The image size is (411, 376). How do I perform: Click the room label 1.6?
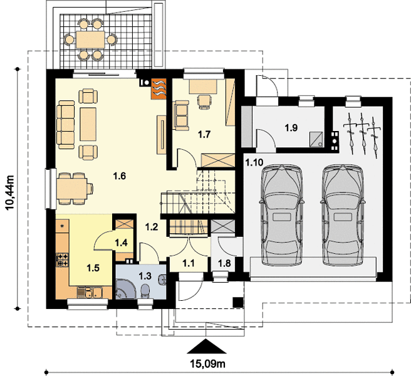pyautogui.click(x=120, y=176)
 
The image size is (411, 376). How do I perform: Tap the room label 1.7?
pyautogui.click(x=204, y=135)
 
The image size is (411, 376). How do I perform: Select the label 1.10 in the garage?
pyautogui.click(x=254, y=162)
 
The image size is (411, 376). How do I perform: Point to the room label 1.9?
pyautogui.click(x=291, y=128)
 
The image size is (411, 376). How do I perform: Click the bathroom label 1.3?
pyautogui.click(x=145, y=276)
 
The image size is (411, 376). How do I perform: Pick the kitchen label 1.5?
pyautogui.click(x=93, y=268)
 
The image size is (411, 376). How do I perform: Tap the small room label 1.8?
pyautogui.click(x=225, y=263)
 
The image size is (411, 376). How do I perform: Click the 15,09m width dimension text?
pyautogui.click(x=207, y=363)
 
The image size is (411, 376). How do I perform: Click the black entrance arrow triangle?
pyautogui.click(x=207, y=347)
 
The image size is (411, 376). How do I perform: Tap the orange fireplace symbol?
pyautogui.click(x=159, y=89)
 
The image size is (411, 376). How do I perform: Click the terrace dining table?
pyautogui.click(x=90, y=39)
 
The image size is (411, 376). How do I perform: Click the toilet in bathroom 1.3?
pyautogui.click(x=145, y=291)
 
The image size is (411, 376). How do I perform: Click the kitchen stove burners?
pyautogui.click(x=63, y=259)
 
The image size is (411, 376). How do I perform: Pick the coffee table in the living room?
pyautogui.click(x=88, y=124)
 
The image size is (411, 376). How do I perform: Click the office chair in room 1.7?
pyautogui.click(x=204, y=102)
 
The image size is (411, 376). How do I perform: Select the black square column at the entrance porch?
pyautogui.click(x=238, y=302)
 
